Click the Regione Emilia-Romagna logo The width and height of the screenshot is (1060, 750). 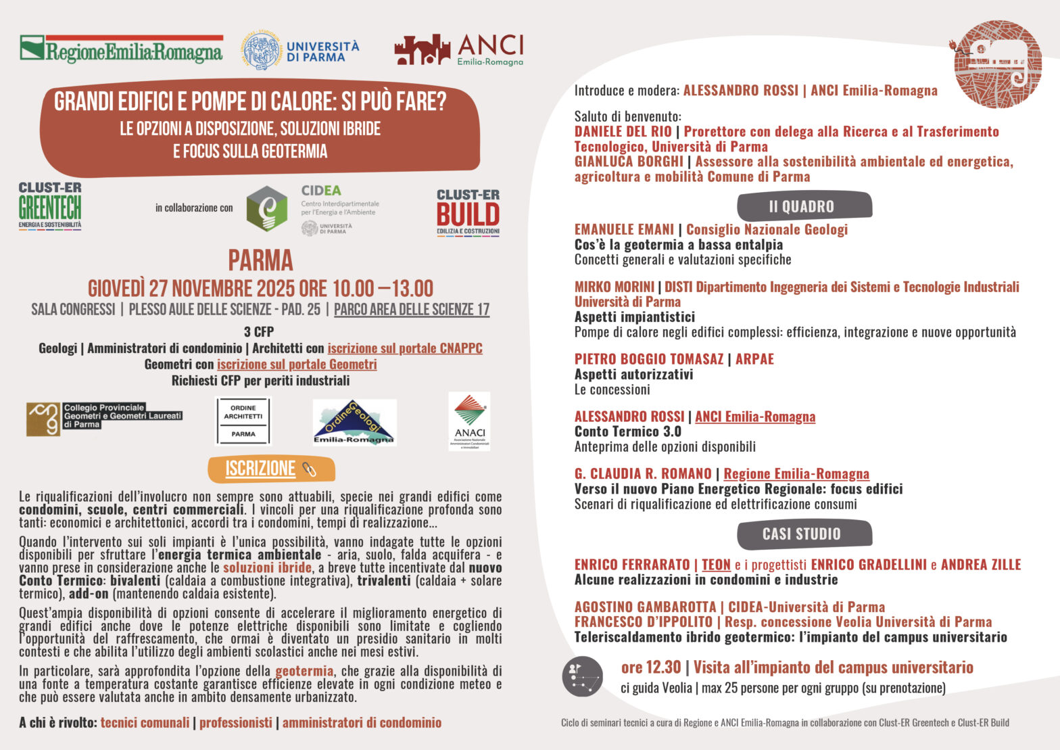(x=121, y=49)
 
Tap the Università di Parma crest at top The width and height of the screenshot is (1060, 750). (x=261, y=51)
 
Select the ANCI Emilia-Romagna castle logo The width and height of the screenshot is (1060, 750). (x=423, y=50)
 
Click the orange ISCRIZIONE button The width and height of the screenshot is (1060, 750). (x=270, y=469)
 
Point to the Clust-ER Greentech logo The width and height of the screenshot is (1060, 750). (x=50, y=206)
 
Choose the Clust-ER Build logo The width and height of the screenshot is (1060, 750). (x=468, y=212)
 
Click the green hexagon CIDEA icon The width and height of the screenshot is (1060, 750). (x=266, y=208)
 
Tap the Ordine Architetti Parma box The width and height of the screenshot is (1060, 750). (x=243, y=421)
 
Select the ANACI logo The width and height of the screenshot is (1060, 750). (x=469, y=421)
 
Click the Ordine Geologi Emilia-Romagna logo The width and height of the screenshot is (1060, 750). (x=354, y=422)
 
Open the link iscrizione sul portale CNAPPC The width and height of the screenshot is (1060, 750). (x=405, y=348)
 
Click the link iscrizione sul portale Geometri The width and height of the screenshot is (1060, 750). (x=297, y=365)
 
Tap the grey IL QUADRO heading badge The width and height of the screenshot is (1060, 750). (x=804, y=206)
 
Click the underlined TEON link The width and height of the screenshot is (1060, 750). (x=716, y=565)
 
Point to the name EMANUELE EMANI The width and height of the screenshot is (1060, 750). (x=624, y=229)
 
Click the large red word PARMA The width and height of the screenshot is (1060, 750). (x=260, y=260)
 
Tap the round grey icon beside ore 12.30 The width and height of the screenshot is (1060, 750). (x=582, y=676)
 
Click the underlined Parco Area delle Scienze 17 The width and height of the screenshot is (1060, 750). (x=412, y=310)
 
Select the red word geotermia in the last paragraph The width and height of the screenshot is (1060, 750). (x=304, y=671)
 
